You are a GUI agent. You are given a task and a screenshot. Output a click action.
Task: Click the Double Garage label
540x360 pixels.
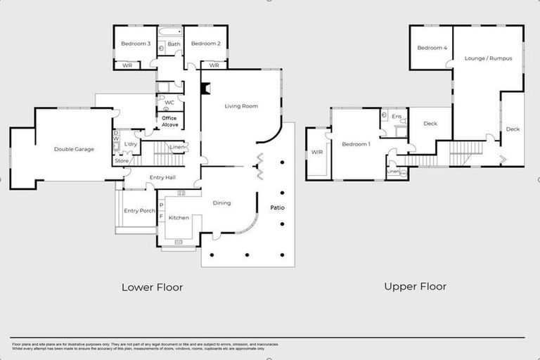pyautogui.click(x=74, y=149)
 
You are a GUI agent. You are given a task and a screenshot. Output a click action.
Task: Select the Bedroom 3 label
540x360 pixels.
pyautogui.click(x=136, y=44)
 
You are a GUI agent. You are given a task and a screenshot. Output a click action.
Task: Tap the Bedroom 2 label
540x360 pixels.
pyautogui.click(x=206, y=44)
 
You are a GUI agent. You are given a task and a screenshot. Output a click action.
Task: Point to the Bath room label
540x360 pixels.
pyautogui.click(x=174, y=44)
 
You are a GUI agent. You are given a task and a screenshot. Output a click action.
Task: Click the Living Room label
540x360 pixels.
pyautogui.click(x=241, y=106)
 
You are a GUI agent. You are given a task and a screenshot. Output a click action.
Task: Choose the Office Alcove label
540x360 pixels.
pyautogui.click(x=170, y=121)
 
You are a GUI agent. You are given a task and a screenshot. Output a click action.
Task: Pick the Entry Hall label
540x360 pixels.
pyautogui.click(x=162, y=177)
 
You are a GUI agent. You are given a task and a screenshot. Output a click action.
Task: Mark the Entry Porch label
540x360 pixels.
pyautogui.click(x=139, y=211)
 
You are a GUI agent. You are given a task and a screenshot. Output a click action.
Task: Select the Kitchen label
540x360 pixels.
pyautogui.click(x=179, y=218)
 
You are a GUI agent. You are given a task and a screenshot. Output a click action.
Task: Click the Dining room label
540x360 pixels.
pyautogui.click(x=221, y=203)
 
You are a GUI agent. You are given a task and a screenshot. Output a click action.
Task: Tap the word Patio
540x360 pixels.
pyautogui.click(x=277, y=208)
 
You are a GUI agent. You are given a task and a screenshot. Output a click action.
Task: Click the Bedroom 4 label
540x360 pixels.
pyautogui.click(x=431, y=48)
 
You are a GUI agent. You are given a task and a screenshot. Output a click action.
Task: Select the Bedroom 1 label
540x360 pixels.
pyautogui.click(x=356, y=144)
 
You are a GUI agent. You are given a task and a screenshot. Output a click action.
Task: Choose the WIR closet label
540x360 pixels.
pyautogui.click(x=316, y=152)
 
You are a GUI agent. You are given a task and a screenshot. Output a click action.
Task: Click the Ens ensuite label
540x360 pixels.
pyautogui.click(x=397, y=116)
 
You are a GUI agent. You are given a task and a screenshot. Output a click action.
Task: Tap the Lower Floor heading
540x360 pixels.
pyautogui.click(x=152, y=287)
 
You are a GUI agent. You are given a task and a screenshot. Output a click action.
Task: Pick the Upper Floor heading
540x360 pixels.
pyautogui.click(x=415, y=286)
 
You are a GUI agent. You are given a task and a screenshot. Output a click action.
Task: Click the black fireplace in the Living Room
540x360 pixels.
pyautogui.click(x=205, y=89)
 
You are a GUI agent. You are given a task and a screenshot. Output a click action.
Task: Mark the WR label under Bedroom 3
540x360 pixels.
pyautogui.click(x=127, y=65)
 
